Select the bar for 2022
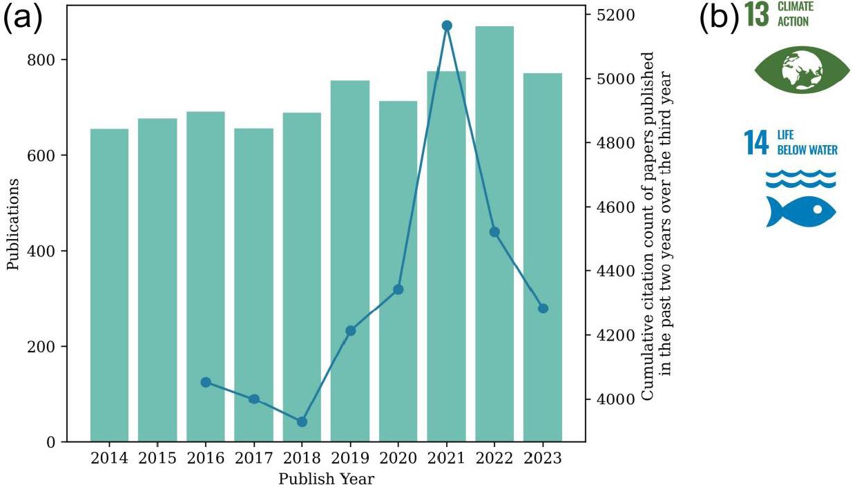point(494,234)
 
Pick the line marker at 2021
point(446,26)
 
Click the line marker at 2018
point(302,421)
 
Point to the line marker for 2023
point(543,308)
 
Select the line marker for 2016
point(205,382)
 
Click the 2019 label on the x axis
point(350,458)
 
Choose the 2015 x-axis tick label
point(157,458)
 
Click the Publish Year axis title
point(326,478)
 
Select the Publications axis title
point(13,225)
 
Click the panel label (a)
point(23,19)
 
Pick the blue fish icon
point(800,211)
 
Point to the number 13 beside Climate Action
point(757,15)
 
